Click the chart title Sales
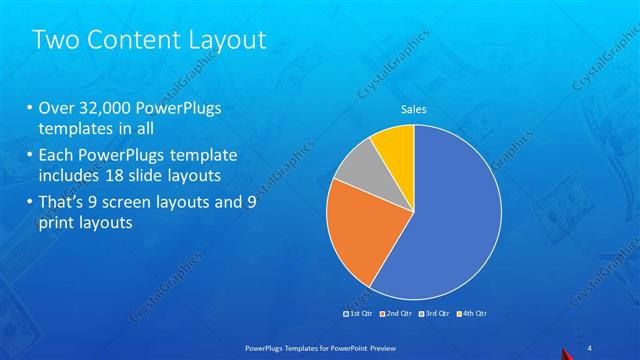pos(414,110)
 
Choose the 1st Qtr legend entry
pos(359,315)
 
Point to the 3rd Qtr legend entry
pos(437,315)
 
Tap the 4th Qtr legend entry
pos(472,315)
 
